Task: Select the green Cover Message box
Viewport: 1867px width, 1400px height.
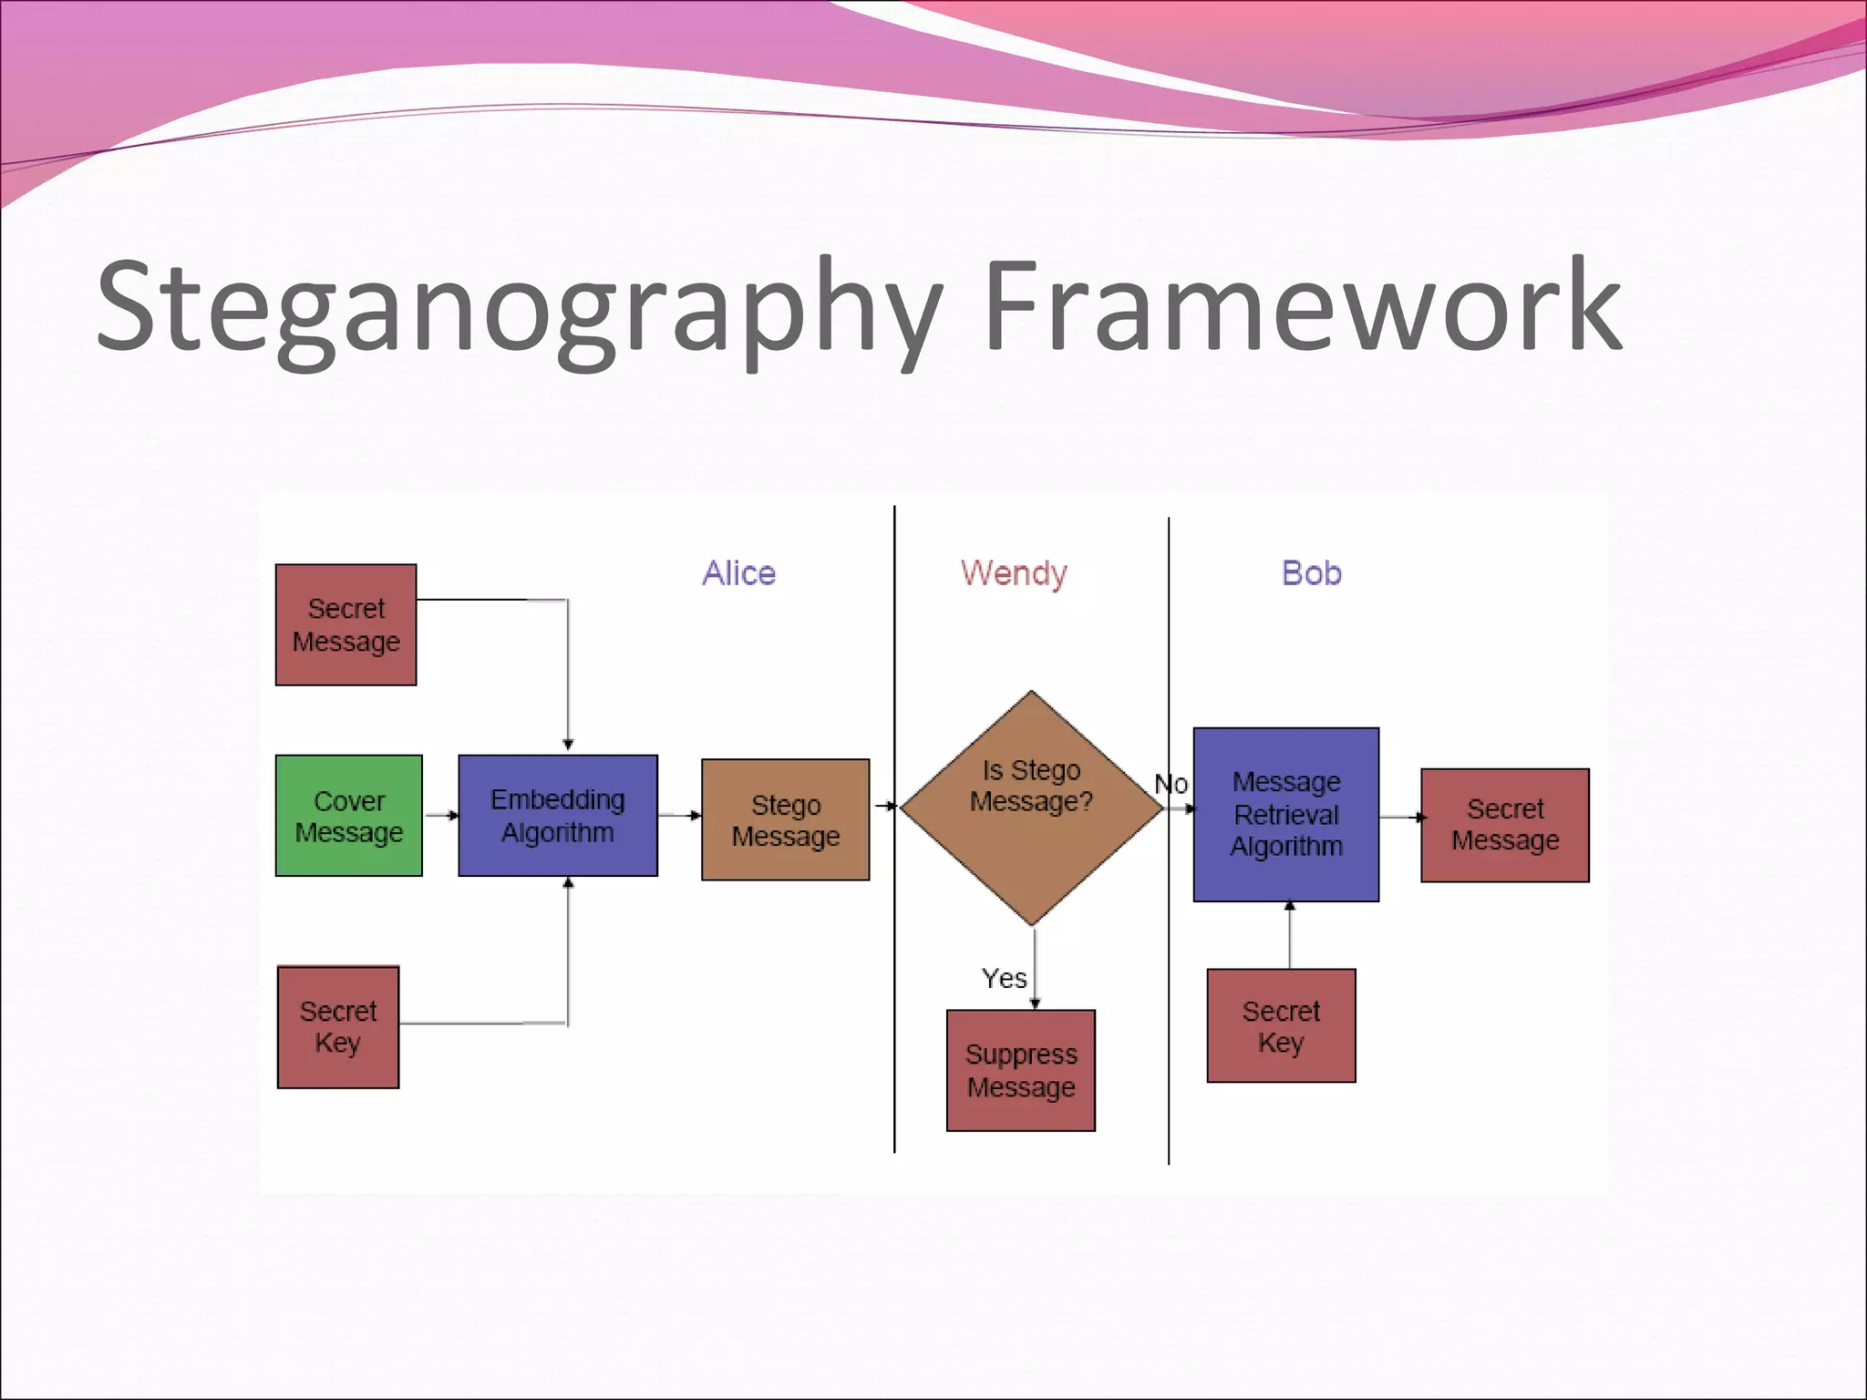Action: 349,816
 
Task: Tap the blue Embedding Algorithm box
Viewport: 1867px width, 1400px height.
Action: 558,816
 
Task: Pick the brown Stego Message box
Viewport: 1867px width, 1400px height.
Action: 786,819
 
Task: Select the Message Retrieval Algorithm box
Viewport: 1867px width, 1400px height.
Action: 1286,814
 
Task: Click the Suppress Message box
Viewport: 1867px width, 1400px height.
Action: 1021,1071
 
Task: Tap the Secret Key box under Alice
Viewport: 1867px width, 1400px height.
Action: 338,1027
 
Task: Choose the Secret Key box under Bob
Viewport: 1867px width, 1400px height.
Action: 1281,1026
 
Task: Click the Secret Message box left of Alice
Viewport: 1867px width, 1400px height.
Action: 346,625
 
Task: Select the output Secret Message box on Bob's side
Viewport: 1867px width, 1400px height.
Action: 1505,825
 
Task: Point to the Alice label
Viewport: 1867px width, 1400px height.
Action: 739,573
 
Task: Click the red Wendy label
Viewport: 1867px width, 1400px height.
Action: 1014,573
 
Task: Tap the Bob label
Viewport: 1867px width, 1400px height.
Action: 1312,573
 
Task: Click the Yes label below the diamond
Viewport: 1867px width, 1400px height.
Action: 1004,979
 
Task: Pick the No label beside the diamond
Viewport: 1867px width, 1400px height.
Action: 1171,784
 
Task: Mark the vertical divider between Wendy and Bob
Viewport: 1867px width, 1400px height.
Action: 1169,1003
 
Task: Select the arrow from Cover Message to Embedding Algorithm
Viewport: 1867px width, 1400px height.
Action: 441,815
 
